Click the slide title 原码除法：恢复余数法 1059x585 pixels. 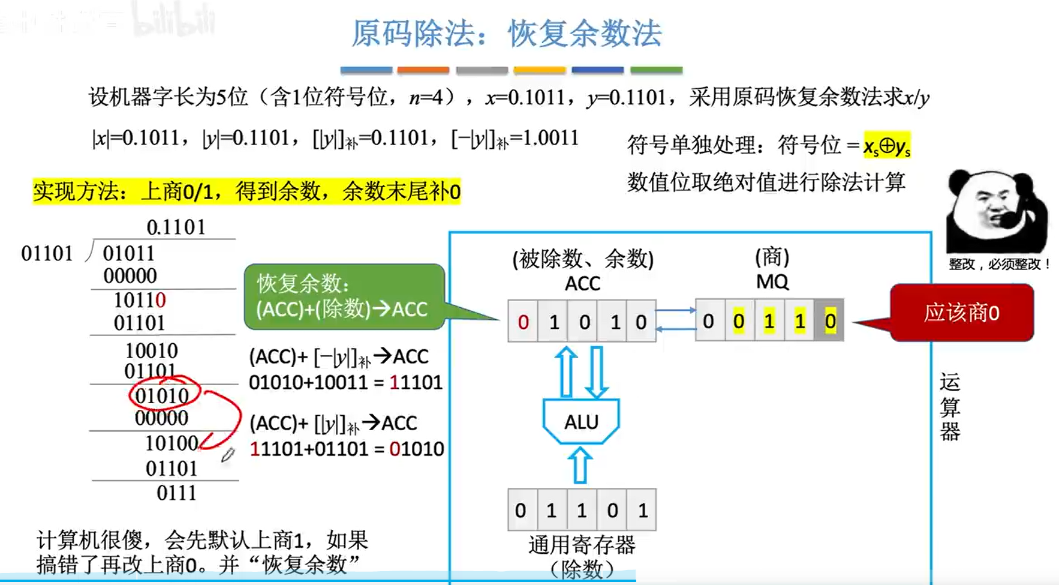[x=507, y=33]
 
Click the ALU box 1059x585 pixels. [x=580, y=422]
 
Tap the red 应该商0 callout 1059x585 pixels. [x=962, y=313]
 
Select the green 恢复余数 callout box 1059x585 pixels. [x=343, y=297]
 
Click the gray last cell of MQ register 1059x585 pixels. [x=829, y=322]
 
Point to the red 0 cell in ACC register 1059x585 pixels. [x=523, y=322]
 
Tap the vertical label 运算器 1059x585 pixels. [x=949, y=407]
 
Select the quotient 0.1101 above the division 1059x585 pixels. [x=176, y=227]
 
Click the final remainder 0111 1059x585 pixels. [x=176, y=493]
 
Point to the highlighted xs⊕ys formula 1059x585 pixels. [x=886, y=146]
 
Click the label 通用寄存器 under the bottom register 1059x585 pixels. [x=581, y=545]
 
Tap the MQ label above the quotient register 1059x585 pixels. [x=772, y=281]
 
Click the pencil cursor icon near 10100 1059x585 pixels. [x=227, y=455]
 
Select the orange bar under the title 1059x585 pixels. [x=423, y=70]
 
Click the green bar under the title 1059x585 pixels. [x=656, y=70]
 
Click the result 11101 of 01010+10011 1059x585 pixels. [x=416, y=382]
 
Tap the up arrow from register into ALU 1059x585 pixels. [x=580, y=466]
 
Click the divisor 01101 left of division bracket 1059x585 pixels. [x=47, y=253]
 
